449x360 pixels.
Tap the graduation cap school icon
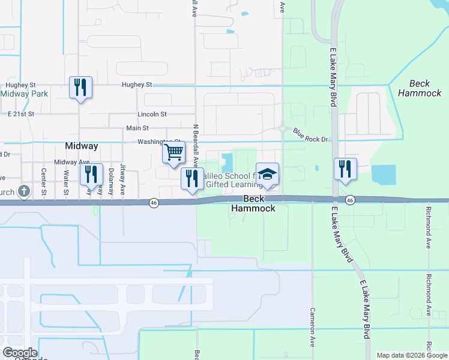(x=267, y=174)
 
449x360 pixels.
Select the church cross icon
(x=23, y=191)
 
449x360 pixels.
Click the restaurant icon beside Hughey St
(x=80, y=88)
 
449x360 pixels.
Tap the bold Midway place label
(x=81, y=146)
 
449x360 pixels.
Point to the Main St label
(x=137, y=128)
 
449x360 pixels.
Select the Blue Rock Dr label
(x=311, y=136)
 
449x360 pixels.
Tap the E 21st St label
(x=23, y=113)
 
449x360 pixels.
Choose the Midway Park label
(x=24, y=94)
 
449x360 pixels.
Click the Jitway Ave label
(x=122, y=179)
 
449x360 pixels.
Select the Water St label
(x=66, y=182)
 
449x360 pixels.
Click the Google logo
(x=20, y=352)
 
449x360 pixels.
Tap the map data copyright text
(x=412, y=355)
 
